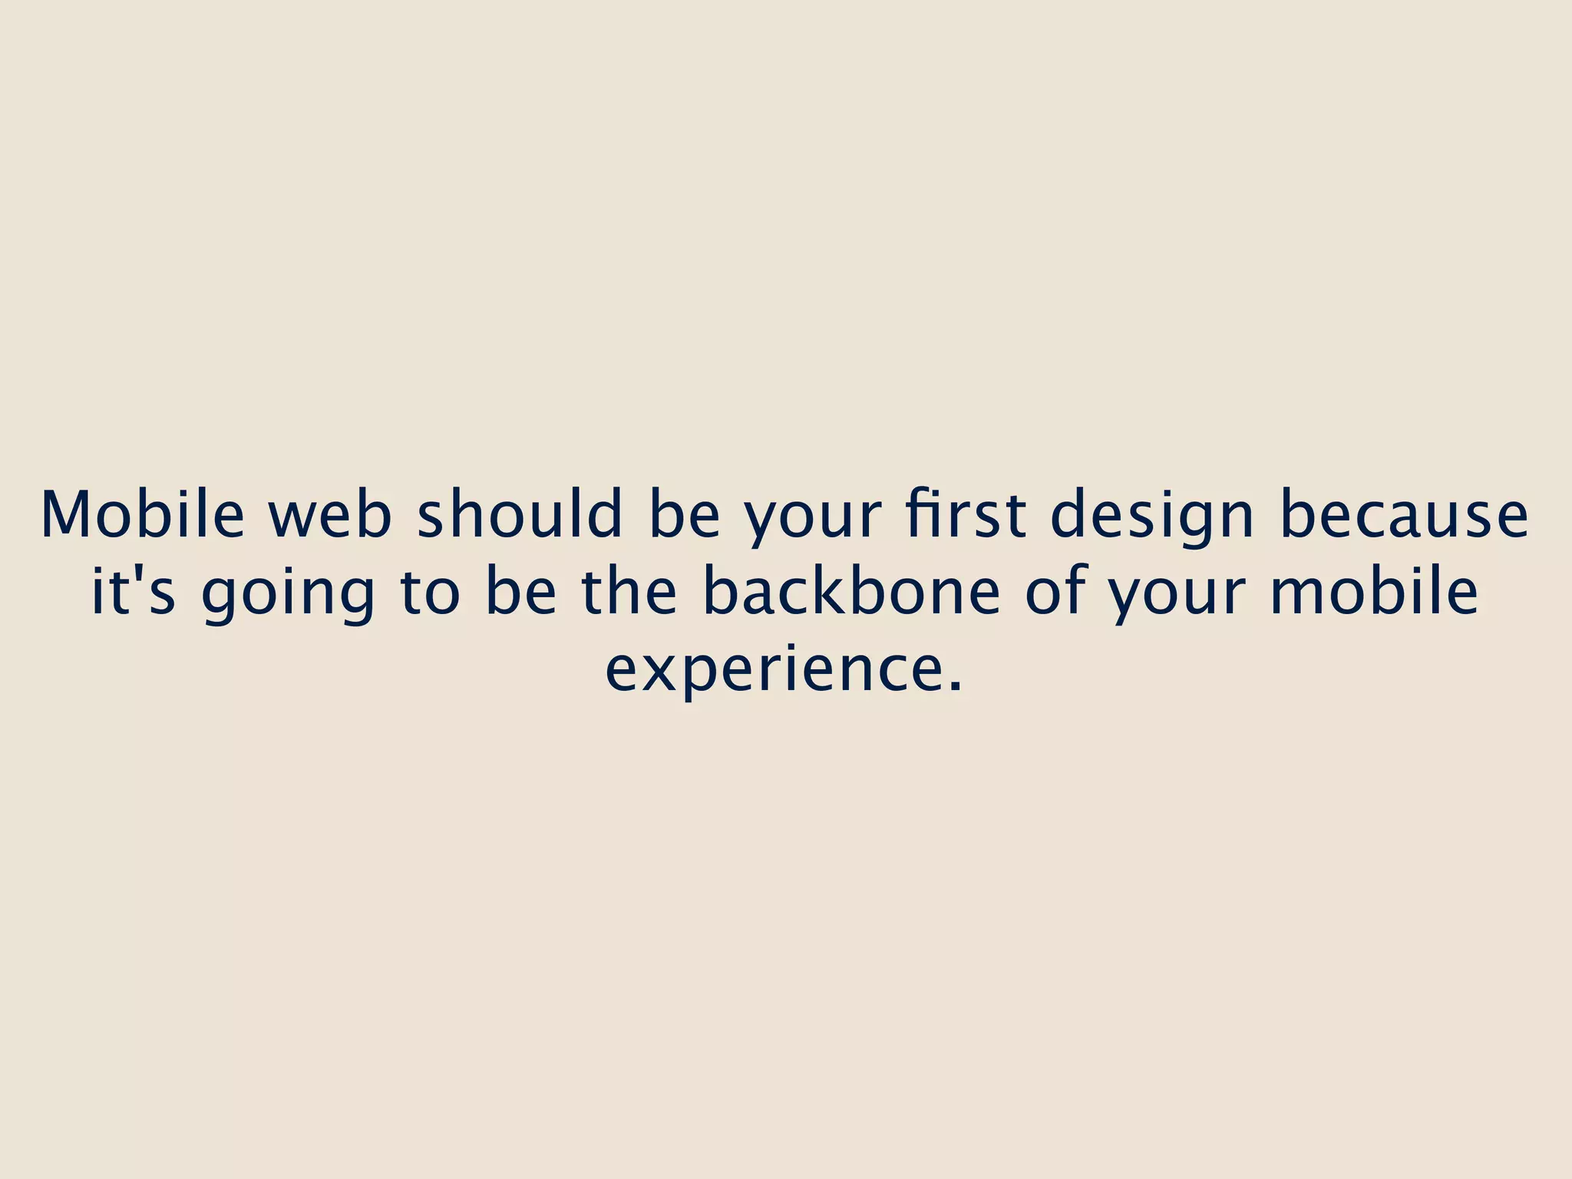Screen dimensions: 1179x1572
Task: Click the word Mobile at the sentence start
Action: [x=142, y=515]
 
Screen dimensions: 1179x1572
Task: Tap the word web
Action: [x=329, y=515]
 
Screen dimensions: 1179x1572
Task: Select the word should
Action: [x=519, y=515]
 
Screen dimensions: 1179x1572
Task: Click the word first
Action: [x=965, y=515]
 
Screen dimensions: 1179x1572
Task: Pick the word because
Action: [x=1404, y=515]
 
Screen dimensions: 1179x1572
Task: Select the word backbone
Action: [x=851, y=592]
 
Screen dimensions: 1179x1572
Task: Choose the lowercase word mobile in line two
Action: [x=1374, y=592]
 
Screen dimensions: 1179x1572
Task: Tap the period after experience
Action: [x=954, y=686]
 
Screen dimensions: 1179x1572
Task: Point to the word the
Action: [x=629, y=592]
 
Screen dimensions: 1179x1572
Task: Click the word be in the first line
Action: [x=684, y=515]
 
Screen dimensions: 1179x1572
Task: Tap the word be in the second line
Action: [x=521, y=592]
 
